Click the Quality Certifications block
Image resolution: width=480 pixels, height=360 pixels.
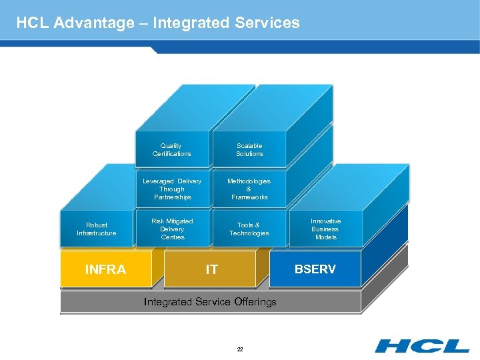pyautogui.click(x=171, y=149)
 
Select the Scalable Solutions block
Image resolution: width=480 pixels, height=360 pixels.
pyautogui.click(x=249, y=149)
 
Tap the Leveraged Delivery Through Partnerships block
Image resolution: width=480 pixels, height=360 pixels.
pyautogui.click(x=172, y=189)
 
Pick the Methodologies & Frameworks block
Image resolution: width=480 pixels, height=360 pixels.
pyautogui.click(x=249, y=189)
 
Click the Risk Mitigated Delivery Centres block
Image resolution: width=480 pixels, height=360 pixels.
pyautogui.click(x=172, y=229)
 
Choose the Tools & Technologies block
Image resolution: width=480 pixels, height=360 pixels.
pyautogui.click(x=249, y=229)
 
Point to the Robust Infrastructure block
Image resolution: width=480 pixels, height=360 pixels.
pyautogui.click(x=97, y=229)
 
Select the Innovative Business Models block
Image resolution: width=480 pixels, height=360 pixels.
pyautogui.click(x=325, y=229)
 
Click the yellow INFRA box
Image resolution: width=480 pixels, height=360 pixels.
pyautogui.click(x=105, y=269)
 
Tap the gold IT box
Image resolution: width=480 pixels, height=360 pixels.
pyautogui.click(x=211, y=269)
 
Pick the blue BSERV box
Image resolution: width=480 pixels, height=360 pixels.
pyautogui.click(x=315, y=269)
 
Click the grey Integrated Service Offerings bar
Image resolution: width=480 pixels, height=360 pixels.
pyautogui.click(x=210, y=302)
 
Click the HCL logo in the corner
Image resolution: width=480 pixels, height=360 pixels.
pyautogui.click(x=421, y=345)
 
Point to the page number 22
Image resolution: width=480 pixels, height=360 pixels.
pyautogui.click(x=240, y=349)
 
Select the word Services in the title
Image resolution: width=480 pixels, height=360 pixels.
pyautogui.click(x=267, y=23)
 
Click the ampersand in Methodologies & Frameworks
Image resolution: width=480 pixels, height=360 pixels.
pyautogui.click(x=249, y=189)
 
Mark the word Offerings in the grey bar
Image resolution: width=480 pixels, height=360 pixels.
pyautogui.click(x=255, y=302)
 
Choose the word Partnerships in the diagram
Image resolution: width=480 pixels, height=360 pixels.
pyautogui.click(x=172, y=197)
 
